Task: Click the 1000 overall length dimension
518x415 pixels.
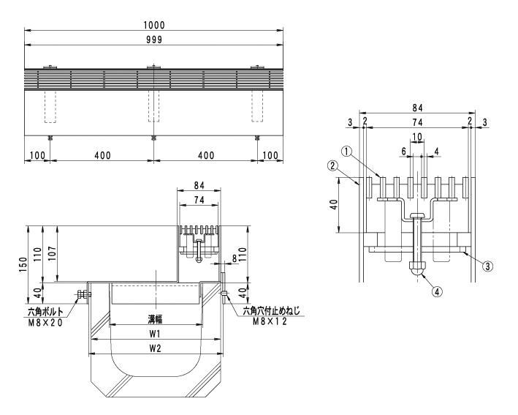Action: pyautogui.click(x=154, y=25)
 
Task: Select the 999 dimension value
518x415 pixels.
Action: pyautogui.click(x=154, y=40)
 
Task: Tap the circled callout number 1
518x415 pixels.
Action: pyautogui.click(x=346, y=152)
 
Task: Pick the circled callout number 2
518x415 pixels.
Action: pyautogui.click(x=333, y=165)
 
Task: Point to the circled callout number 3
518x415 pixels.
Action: pyautogui.click(x=488, y=266)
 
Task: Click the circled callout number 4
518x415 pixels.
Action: pyautogui.click(x=437, y=292)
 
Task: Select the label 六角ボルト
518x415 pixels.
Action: pyautogui.click(x=45, y=312)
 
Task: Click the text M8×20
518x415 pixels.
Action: pyautogui.click(x=45, y=323)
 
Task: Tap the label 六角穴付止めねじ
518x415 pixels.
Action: pyautogui.click(x=271, y=311)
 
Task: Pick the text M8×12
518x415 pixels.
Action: pyautogui.click(x=270, y=321)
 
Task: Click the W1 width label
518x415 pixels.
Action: pyautogui.click(x=155, y=334)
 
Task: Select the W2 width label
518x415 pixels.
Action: pyautogui.click(x=155, y=348)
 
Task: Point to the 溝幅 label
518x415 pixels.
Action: pyautogui.click(x=155, y=319)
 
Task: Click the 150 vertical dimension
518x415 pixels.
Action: pyautogui.click(x=23, y=264)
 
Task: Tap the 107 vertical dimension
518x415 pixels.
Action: pyautogui.click(x=53, y=253)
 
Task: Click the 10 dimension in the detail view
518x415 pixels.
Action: pyautogui.click(x=417, y=137)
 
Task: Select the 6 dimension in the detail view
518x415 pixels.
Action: pyautogui.click(x=404, y=152)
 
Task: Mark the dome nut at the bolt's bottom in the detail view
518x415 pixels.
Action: pyautogui.click(x=417, y=269)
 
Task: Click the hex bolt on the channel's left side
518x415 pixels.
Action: pyautogui.click(x=84, y=294)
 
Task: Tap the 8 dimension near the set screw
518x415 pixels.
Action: pyautogui.click(x=235, y=258)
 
